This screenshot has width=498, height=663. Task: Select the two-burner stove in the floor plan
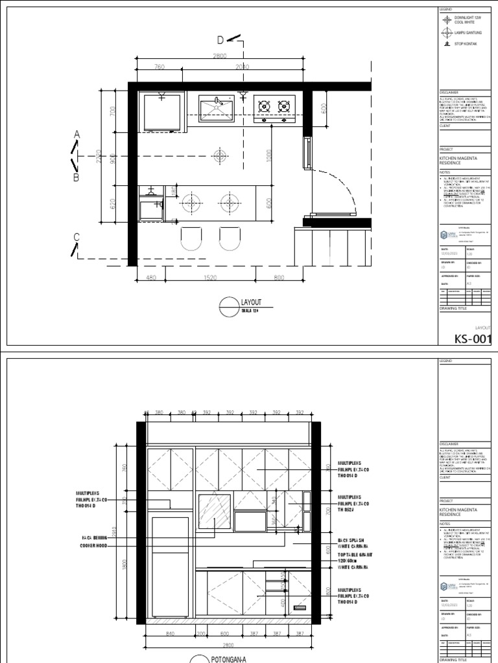pos(274,108)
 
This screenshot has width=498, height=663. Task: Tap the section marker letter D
pos(220,41)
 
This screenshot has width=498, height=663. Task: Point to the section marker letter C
pos(76,238)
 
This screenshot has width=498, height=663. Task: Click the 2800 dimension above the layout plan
pos(220,56)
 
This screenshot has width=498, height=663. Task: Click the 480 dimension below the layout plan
pos(152,278)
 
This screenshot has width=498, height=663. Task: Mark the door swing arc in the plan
pos(344,188)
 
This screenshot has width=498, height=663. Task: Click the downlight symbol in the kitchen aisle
pos(220,156)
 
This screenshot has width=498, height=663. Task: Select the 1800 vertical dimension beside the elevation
pos(124,563)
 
